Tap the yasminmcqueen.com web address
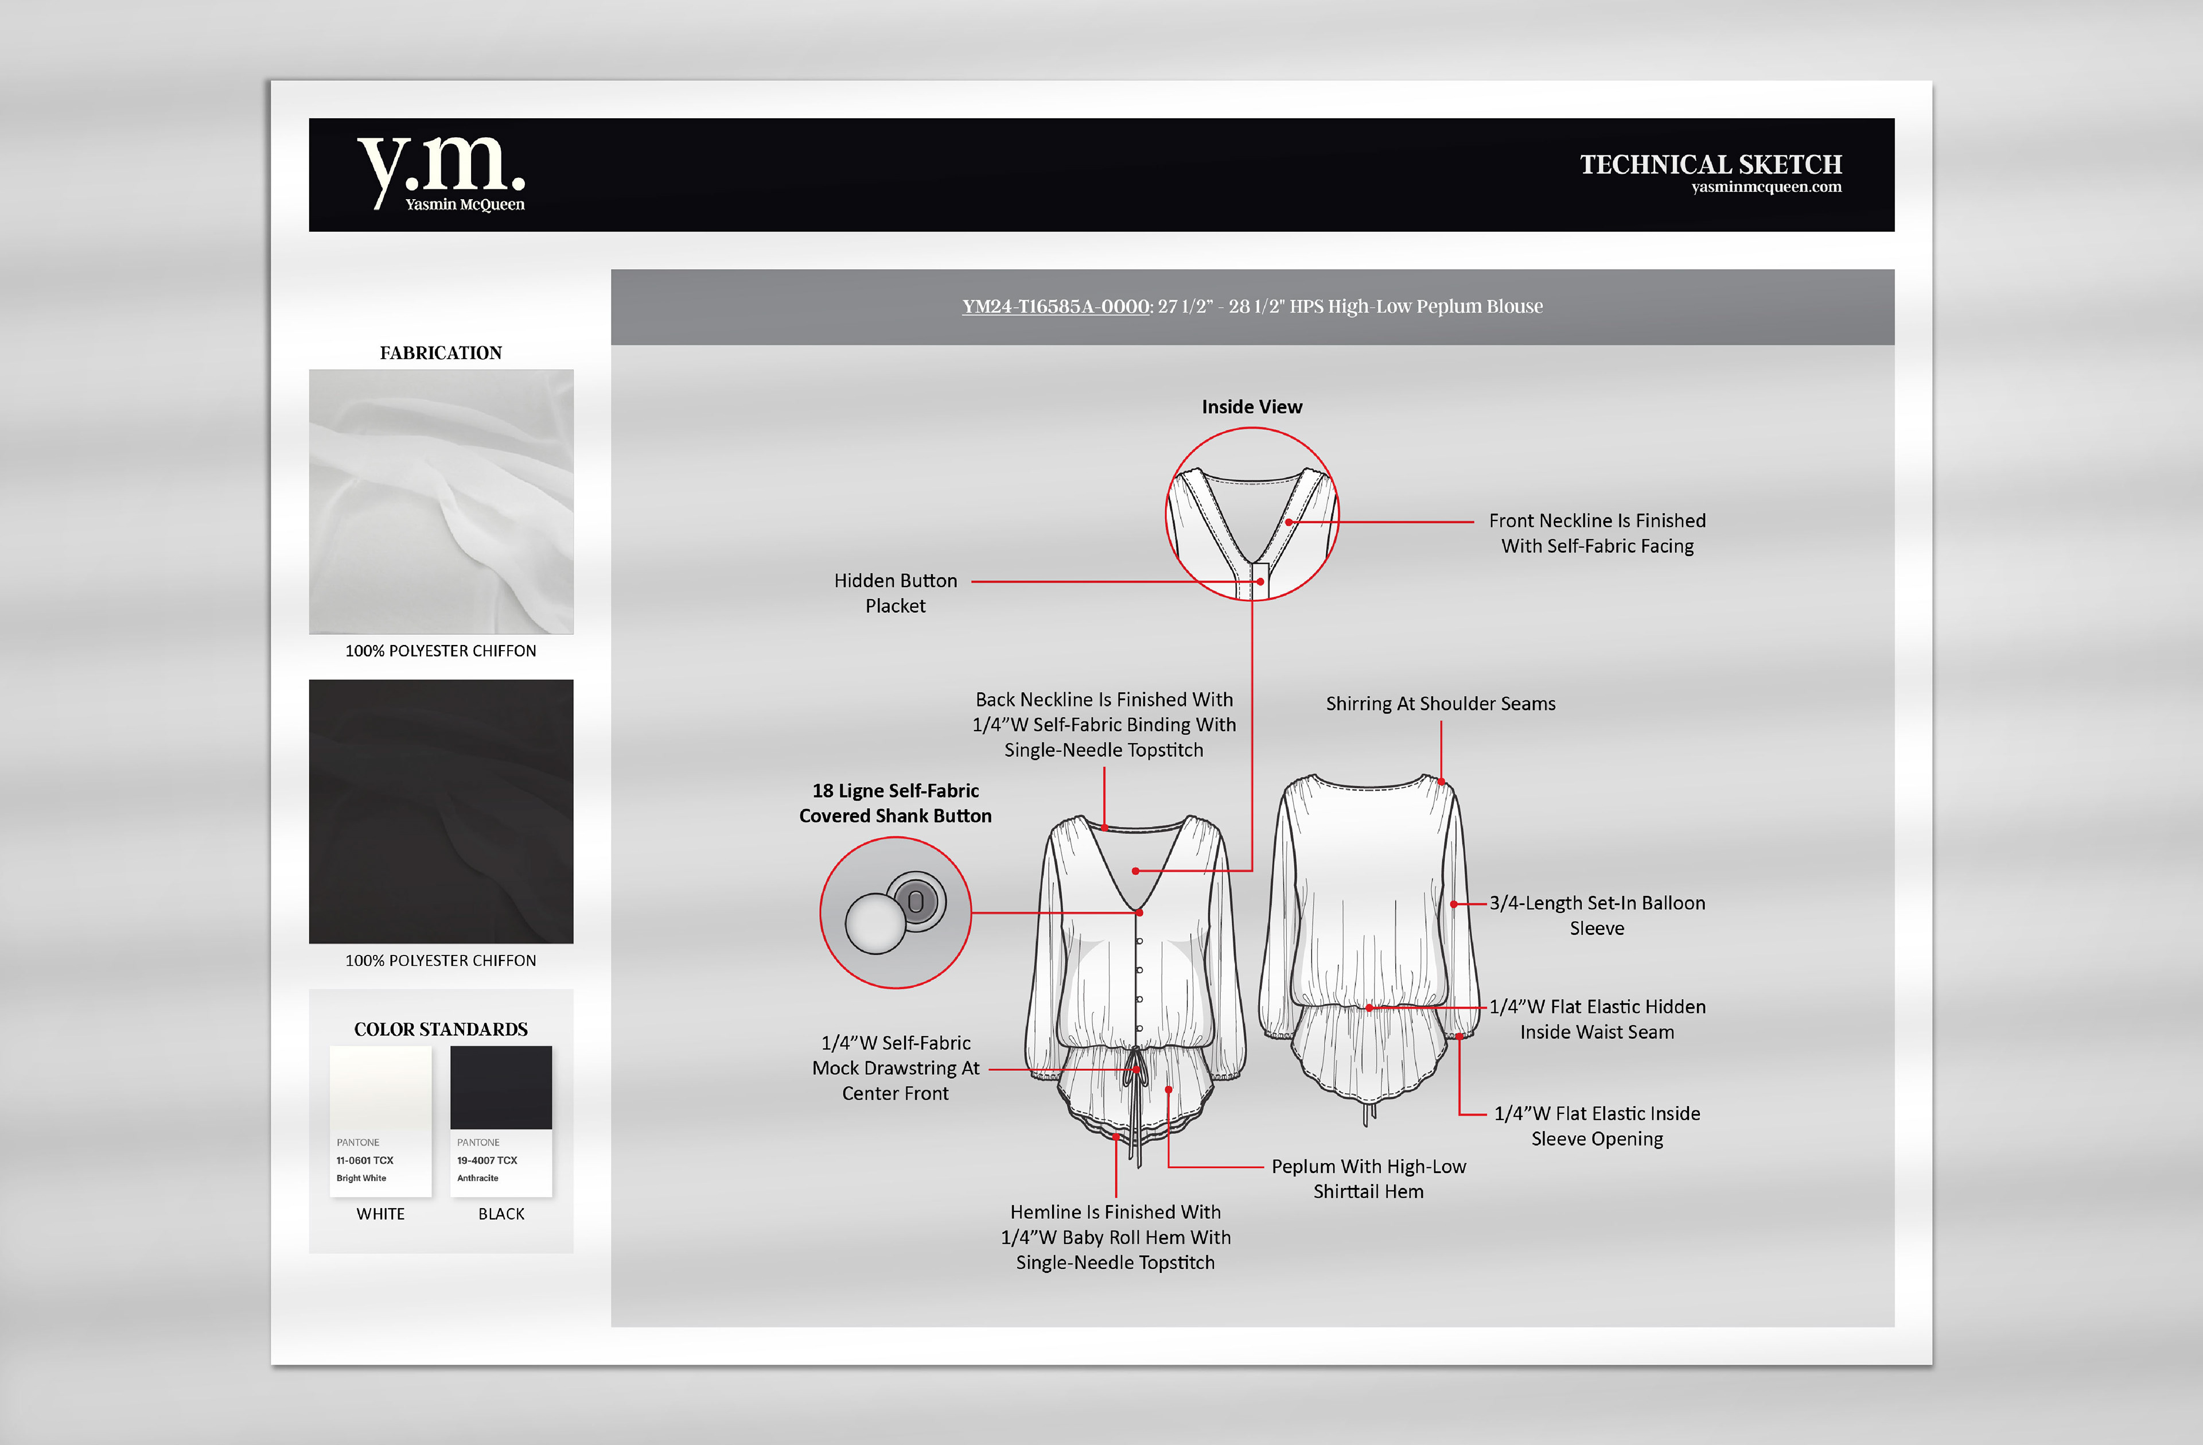[x=1765, y=187]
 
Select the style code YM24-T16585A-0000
[x=1055, y=306]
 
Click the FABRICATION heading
[x=441, y=353]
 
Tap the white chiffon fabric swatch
[x=441, y=502]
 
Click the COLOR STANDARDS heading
[x=441, y=1030]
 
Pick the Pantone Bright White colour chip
[x=380, y=1120]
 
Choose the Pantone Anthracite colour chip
[x=501, y=1120]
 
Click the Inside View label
[x=1251, y=407]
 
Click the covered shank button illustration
[x=895, y=912]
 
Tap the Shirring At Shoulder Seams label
[x=1441, y=704]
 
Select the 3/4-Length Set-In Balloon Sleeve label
[x=1597, y=915]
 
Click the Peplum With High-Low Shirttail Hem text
[x=1368, y=1178]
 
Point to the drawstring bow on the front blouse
[x=1136, y=1074]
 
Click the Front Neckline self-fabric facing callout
[x=1597, y=533]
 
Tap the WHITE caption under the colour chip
[x=380, y=1214]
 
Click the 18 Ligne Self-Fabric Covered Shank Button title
[x=895, y=803]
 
